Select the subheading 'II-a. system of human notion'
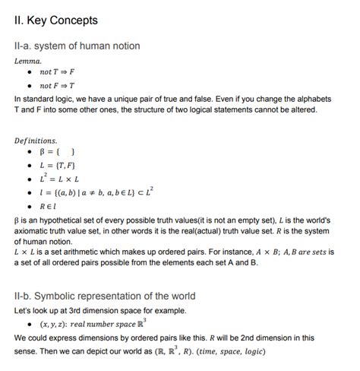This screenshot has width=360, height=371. pyautogui.click(x=77, y=46)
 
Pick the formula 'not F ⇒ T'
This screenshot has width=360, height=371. pyautogui.click(x=57, y=85)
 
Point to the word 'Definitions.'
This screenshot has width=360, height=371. pyautogui.click(x=36, y=141)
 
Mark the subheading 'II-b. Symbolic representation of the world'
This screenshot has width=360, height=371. pyautogui.click(x=105, y=296)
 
